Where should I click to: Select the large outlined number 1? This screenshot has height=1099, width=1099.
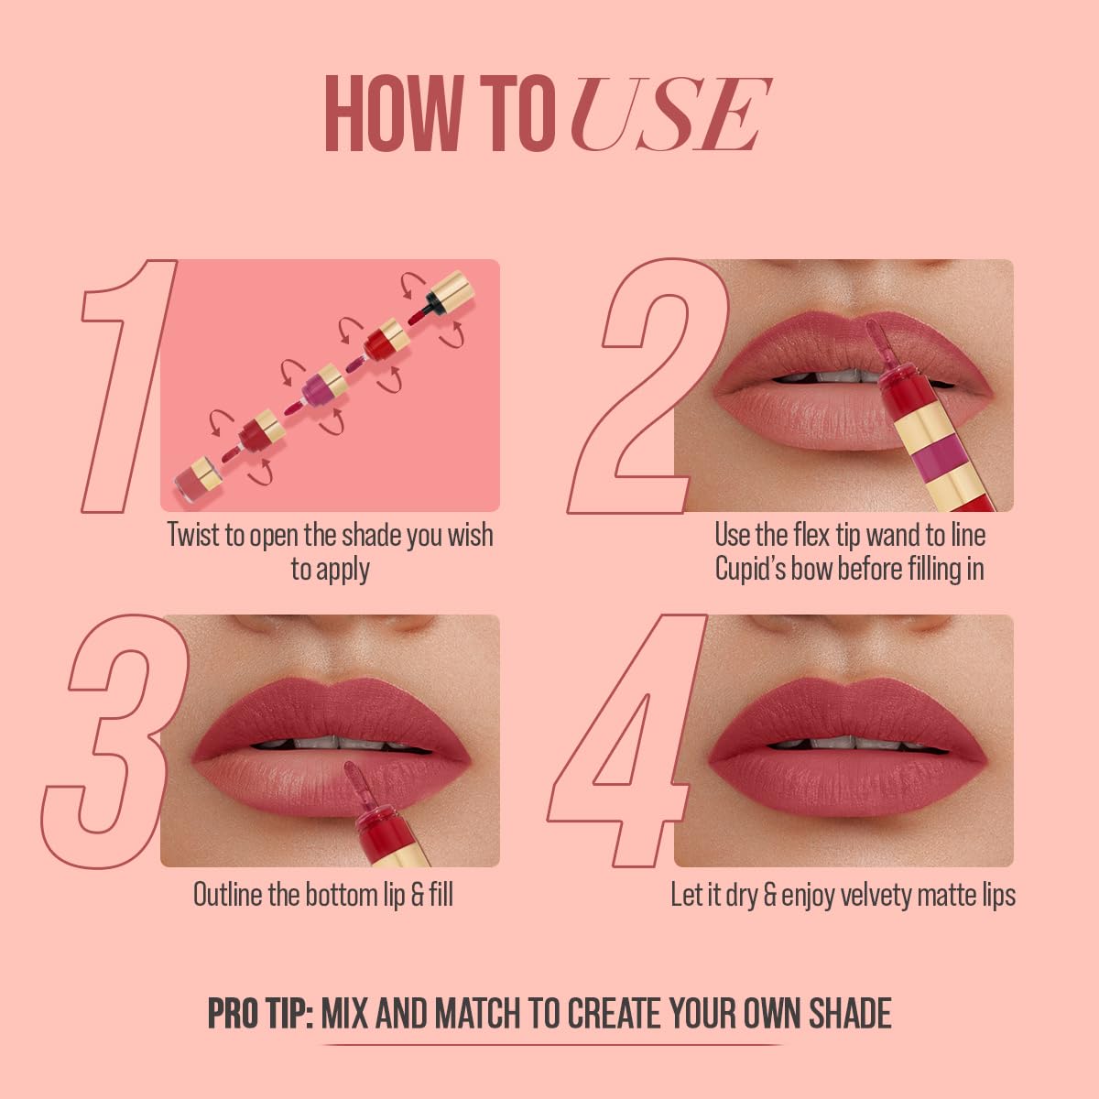(x=128, y=385)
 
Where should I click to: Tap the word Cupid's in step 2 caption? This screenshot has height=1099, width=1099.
(x=750, y=569)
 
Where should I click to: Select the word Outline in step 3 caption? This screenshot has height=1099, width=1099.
(x=227, y=895)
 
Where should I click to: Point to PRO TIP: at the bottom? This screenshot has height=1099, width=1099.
(x=261, y=1014)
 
